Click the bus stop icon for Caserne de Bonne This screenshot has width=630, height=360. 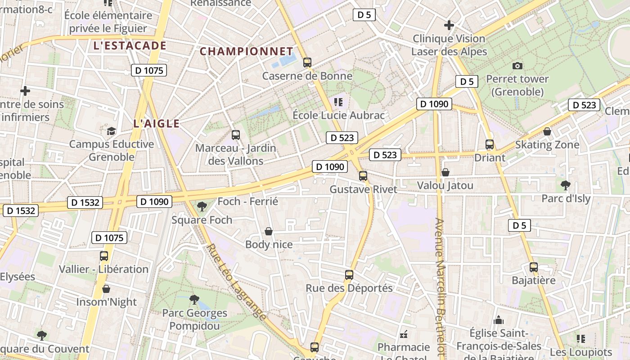[307, 63]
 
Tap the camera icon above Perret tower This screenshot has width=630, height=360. [517, 66]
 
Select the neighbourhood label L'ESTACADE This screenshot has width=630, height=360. [130, 45]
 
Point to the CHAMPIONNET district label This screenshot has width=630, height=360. [247, 51]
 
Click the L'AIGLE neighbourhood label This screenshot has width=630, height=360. [157, 123]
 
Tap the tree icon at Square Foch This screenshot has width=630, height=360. [202, 207]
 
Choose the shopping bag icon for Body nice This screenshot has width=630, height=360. [269, 231]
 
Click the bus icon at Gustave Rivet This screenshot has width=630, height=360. [363, 176]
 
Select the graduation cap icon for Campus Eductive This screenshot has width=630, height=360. [111, 131]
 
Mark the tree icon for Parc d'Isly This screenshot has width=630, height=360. [566, 185]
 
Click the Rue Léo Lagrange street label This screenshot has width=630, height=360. [236, 282]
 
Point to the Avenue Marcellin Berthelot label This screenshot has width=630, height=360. [440, 288]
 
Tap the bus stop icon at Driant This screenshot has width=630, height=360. [490, 144]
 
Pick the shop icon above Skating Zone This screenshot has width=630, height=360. [547, 131]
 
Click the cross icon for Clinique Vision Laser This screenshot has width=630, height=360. [449, 25]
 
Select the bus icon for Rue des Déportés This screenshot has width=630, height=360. [349, 274]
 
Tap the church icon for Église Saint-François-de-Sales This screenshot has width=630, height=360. [499, 320]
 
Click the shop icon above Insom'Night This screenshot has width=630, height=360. [106, 288]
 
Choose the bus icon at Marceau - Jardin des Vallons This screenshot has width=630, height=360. [236, 135]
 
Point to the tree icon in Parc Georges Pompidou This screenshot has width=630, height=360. [194, 299]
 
